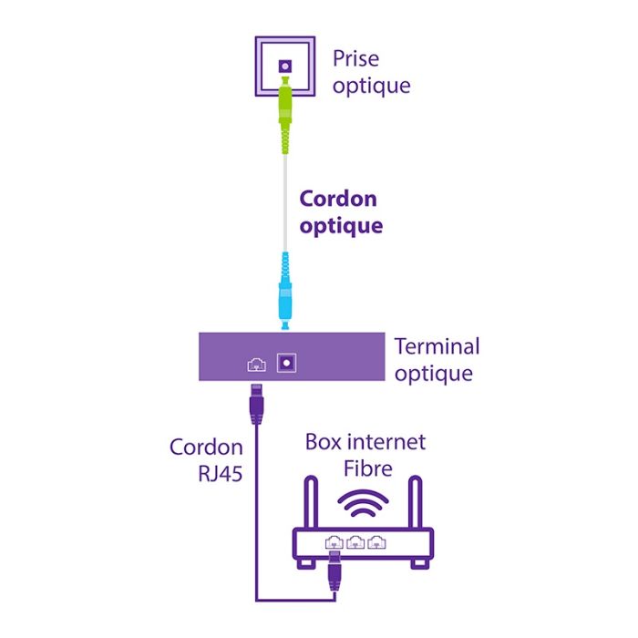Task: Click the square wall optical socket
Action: coord(285,67)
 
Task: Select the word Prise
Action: coord(355,60)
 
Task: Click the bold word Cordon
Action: coord(338,199)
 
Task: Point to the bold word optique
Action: coord(341,226)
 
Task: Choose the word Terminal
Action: coord(437,346)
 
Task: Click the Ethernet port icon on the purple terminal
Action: coord(256,365)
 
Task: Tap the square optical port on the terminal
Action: coord(287,363)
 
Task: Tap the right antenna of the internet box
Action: coord(418,502)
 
